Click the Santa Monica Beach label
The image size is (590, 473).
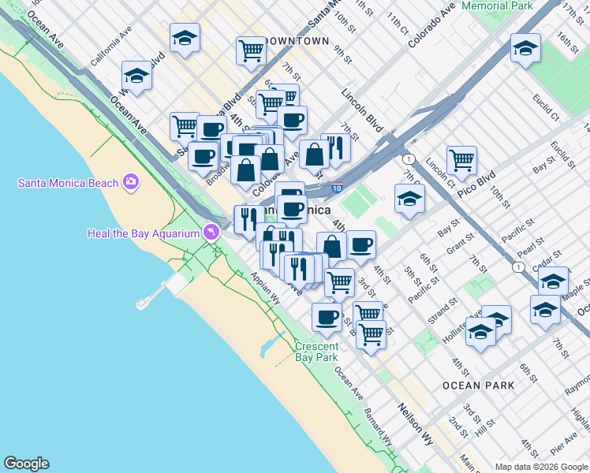point(67,183)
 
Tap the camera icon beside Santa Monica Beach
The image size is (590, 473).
point(131,183)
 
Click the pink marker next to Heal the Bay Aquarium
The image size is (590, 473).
point(210,233)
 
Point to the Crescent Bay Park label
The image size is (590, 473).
point(317,352)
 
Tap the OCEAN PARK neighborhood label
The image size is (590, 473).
point(478,385)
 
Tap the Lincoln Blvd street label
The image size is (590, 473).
point(362,109)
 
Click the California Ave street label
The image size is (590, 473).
point(110,50)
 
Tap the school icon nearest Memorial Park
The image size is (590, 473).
point(525,49)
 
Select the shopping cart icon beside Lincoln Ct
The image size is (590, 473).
point(461,160)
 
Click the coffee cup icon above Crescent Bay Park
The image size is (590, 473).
point(326,317)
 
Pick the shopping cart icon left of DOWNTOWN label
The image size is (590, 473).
point(251,50)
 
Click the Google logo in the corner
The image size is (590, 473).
point(26,464)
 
